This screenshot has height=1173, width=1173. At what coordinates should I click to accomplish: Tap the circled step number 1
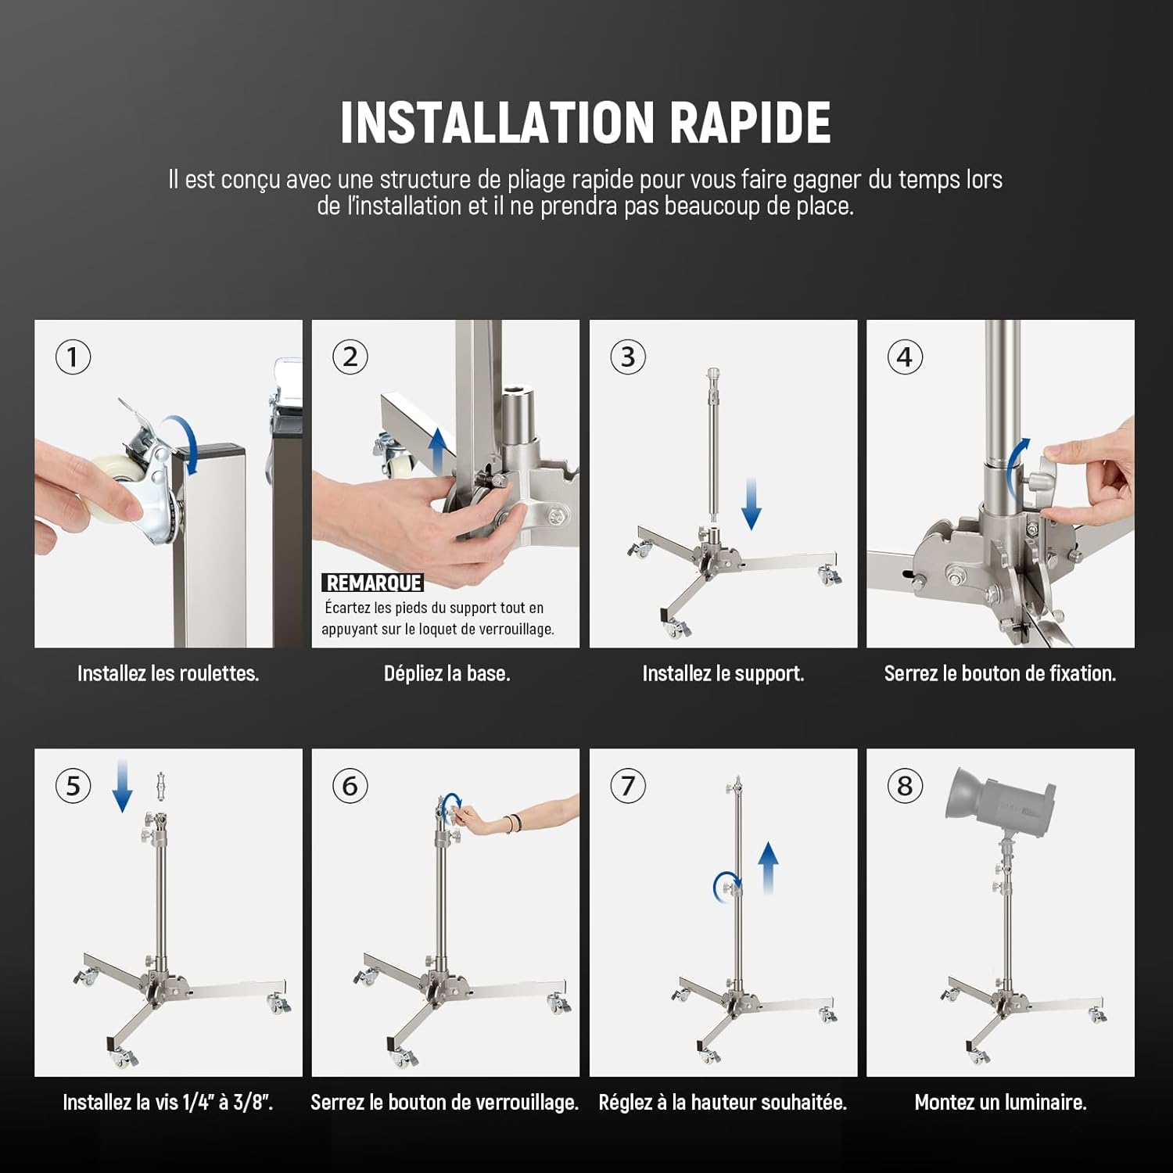pyautogui.click(x=73, y=357)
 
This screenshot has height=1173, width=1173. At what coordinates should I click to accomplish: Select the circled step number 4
pyautogui.click(x=905, y=357)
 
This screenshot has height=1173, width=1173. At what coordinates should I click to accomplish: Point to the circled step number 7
pyautogui.click(x=628, y=786)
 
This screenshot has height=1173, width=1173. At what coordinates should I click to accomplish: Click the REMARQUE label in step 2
pyautogui.click(x=373, y=583)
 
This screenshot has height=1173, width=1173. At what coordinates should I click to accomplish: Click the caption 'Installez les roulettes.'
pyautogui.click(x=168, y=673)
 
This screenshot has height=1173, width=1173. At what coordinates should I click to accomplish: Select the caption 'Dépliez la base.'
pyautogui.click(x=447, y=673)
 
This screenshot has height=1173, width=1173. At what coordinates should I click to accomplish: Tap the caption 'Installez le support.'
pyautogui.click(x=723, y=673)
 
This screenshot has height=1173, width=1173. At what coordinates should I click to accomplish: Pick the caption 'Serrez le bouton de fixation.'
pyautogui.click(x=1000, y=673)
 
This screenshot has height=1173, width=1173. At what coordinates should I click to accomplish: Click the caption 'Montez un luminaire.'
pyautogui.click(x=1000, y=1103)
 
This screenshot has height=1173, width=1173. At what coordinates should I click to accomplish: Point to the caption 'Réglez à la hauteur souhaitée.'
pyautogui.click(x=723, y=1103)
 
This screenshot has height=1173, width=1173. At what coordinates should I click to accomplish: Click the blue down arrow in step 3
pyautogui.click(x=752, y=505)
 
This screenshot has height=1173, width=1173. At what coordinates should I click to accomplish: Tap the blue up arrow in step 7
pyautogui.click(x=769, y=867)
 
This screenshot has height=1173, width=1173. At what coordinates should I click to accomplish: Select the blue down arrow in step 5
pyautogui.click(x=122, y=785)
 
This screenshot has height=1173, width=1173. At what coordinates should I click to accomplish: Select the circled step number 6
pyautogui.click(x=350, y=786)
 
